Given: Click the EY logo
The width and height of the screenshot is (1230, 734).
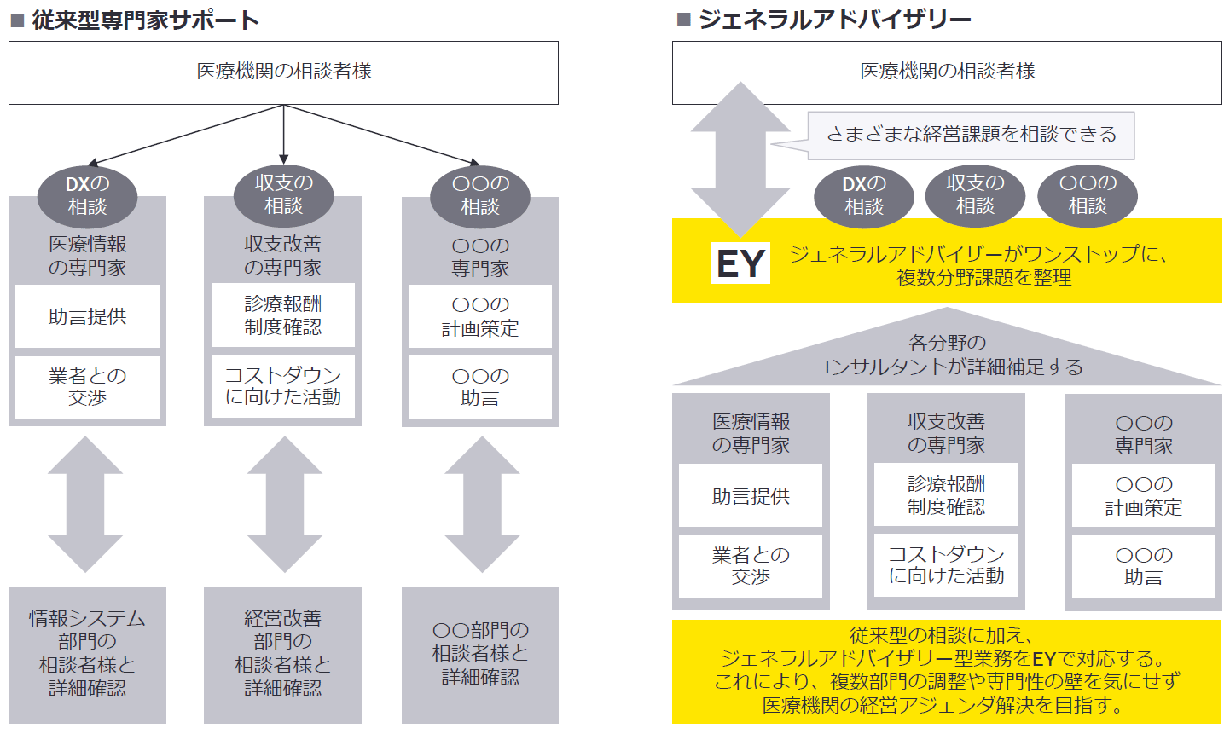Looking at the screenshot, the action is pos(740,263).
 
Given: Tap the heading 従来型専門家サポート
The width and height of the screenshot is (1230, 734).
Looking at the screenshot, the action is pos(146,20).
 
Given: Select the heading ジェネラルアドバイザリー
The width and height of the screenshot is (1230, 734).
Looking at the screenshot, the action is pos(834,20).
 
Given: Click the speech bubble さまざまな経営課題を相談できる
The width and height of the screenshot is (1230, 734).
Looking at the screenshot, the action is pos(971,136).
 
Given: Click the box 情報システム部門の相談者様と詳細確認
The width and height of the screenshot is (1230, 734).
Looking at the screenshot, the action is pos(87,655).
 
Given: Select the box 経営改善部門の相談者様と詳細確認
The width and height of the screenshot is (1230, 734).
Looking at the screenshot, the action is pos(283,655).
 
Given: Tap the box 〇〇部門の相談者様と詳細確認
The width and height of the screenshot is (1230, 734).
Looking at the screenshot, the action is pos(480,655).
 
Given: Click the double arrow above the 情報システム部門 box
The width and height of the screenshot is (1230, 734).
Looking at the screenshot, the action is pos(85,505).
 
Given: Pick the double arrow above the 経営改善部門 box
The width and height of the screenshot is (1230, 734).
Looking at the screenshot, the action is pos(284,505).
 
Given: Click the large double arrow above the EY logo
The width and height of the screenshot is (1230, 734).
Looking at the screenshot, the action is pos(740,159).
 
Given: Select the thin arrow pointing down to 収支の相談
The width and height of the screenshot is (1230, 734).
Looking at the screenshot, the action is pos(283,135).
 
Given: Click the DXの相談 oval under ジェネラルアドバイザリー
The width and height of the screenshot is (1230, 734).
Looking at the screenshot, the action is pos(864,196).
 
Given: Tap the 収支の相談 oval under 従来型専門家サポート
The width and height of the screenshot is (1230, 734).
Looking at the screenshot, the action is pos(283,195).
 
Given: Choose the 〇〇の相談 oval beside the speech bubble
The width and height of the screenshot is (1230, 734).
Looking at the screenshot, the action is pos(1088,195).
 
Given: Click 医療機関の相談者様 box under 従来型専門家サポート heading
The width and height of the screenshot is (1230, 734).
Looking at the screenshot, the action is pos(283,72).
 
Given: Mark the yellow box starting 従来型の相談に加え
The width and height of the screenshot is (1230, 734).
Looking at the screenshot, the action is pos(947,672).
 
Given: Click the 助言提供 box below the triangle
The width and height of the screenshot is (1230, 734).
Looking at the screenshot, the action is pos(751,495).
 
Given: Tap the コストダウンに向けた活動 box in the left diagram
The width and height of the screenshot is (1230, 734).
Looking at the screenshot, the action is pos(283,386).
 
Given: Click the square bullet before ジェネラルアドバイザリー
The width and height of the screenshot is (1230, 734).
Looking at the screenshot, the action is pos(683,20).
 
